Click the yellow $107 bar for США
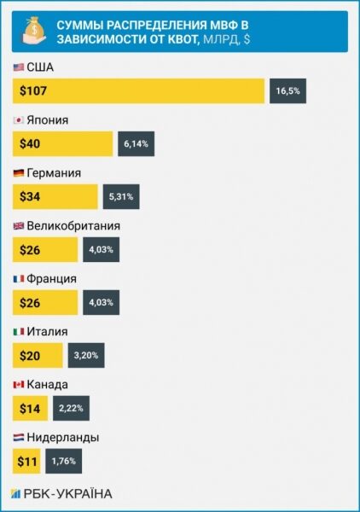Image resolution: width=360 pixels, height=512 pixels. click(138, 90)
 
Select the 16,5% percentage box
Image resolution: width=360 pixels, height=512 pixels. click(287, 90)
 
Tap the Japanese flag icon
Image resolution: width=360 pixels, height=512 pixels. click(19, 120)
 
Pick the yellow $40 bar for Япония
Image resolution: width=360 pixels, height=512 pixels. click(62, 143)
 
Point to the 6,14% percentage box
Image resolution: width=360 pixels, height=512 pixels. click(136, 143)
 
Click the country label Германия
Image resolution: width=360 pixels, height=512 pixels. click(54, 172)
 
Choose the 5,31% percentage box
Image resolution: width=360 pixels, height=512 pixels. click(121, 196)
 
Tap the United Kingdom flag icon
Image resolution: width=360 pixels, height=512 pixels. click(19, 226)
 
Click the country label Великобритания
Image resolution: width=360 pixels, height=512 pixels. click(73, 226)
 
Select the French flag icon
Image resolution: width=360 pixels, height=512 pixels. click(19, 279)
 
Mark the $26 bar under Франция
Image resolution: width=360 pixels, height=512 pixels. click(45, 302)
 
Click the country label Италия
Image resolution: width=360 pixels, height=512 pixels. click(47, 331)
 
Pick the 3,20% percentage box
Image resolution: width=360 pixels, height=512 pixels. click(86, 355)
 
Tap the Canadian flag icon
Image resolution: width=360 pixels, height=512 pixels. click(19, 385)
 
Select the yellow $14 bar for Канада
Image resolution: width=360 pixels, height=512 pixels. click(30, 408)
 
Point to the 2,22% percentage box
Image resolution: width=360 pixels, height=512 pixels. click(71, 408)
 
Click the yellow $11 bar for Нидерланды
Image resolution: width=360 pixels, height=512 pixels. click(26, 461)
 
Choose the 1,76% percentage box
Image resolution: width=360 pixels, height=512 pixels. click(64, 461)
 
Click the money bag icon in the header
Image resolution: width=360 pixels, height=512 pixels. click(34, 32)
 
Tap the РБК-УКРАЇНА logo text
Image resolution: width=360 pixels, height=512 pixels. click(68, 494)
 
